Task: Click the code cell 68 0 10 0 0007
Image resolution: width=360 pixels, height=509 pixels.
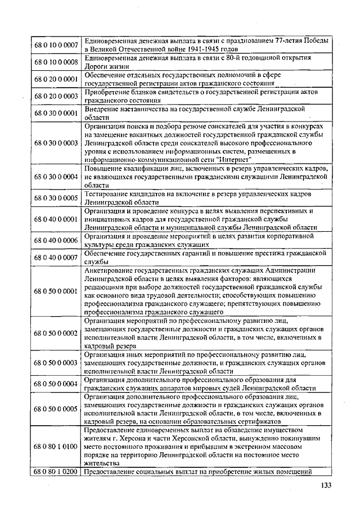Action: (56, 44)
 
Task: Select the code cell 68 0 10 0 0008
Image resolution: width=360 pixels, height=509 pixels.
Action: (56, 61)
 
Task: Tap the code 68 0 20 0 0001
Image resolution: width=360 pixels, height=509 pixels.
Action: (56, 79)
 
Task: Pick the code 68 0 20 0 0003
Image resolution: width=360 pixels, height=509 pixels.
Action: (56, 96)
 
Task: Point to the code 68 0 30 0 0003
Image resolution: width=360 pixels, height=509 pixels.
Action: (56, 143)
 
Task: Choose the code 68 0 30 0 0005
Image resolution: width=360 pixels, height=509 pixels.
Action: (56, 198)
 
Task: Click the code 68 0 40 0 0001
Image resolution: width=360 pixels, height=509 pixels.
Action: (56, 219)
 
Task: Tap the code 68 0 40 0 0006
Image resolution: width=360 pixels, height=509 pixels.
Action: (56, 240)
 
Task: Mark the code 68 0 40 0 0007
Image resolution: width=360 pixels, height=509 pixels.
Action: (56, 258)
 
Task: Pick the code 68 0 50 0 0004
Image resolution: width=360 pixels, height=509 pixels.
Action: (56, 384)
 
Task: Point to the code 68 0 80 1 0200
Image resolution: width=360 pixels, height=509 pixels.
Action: (56, 472)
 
